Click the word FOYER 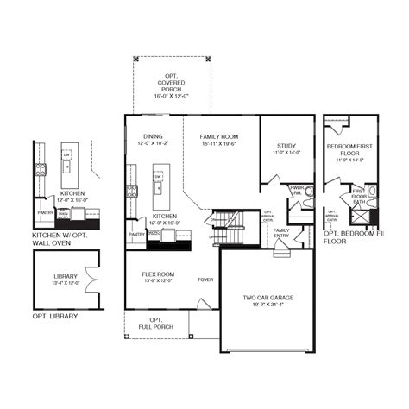coord(205,280)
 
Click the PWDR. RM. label coord(298,189)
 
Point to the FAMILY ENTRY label coord(281,232)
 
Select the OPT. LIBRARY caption coord(54,317)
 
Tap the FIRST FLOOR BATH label coord(359,196)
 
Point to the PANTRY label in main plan coord(136,234)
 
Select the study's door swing coord(274,179)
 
